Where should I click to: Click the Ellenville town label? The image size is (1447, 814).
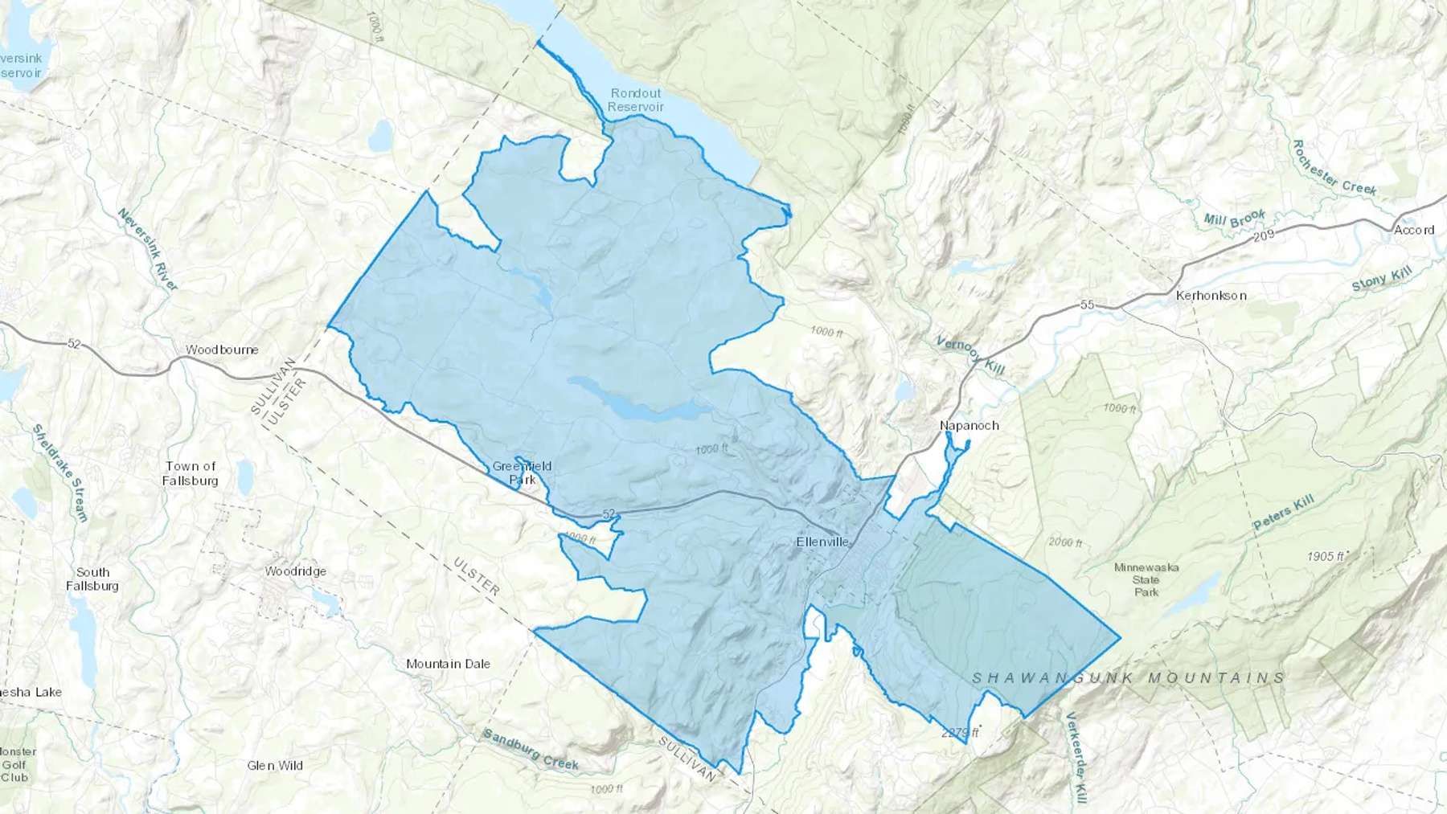822,542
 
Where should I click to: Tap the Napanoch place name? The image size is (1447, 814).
969,425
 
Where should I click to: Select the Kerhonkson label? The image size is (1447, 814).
1211,296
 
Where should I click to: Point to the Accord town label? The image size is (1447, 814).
1413,230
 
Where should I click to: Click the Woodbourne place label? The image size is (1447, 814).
222,350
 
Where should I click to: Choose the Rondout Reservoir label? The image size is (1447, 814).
636,100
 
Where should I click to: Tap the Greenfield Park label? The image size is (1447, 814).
523,472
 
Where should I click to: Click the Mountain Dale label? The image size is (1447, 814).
448,664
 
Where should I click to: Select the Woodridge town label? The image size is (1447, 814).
296,571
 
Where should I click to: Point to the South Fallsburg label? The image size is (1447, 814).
92,579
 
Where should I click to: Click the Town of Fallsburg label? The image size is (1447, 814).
191,472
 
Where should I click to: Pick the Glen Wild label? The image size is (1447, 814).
275,766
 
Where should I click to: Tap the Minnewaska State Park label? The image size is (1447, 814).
1146,579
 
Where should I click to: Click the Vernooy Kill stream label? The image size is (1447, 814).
970,354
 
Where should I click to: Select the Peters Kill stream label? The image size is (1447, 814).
1283,512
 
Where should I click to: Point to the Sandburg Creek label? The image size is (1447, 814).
531,749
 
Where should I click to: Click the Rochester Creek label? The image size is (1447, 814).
1334,168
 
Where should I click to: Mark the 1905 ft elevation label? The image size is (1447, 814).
1326,556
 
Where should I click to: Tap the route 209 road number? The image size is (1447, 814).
1264,236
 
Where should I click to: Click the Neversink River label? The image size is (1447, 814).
148,249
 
